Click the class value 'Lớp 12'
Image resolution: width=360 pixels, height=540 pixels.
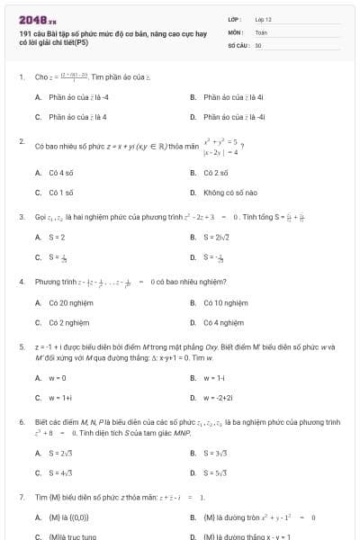click(263, 18)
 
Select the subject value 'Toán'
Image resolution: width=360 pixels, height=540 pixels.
click(261, 31)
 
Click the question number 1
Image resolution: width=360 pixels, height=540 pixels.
click(21, 76)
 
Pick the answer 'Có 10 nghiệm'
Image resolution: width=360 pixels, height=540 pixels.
click(225, 302)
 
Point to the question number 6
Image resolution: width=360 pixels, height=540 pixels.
click(21, 421)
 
